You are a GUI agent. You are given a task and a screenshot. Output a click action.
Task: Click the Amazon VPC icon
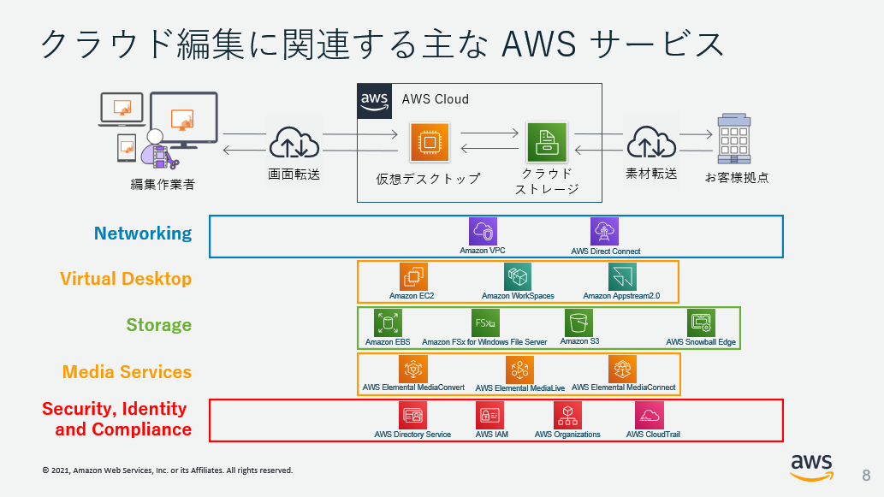point(483,232)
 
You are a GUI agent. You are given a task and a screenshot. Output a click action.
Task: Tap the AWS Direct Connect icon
point(604,232)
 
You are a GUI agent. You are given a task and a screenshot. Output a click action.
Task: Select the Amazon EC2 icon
point(413,276)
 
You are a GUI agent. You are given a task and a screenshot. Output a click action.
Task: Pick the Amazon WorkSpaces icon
point(518,276)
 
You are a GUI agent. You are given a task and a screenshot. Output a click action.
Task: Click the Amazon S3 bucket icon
point(578,322)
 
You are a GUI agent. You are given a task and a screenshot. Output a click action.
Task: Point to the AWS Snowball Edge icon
point(701,322)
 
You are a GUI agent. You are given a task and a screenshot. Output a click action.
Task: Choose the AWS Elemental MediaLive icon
point(519,370)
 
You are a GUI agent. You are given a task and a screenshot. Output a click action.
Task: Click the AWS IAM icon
point(489,415)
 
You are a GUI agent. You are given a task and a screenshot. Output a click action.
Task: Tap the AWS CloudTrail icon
point(650,415)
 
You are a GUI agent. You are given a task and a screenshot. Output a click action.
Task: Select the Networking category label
point(143,234)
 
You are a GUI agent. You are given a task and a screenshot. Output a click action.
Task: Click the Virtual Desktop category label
point(126,279)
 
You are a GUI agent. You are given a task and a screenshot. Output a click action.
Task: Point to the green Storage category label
point(159,325)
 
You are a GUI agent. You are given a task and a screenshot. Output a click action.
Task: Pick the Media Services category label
point(127,372)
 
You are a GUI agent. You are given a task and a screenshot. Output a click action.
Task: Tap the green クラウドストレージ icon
point(543,142)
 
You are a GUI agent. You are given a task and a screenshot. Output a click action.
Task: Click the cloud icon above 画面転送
point(294,142)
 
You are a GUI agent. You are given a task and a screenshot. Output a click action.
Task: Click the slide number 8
point(865,476)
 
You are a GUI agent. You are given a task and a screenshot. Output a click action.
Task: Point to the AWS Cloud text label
point(435,99)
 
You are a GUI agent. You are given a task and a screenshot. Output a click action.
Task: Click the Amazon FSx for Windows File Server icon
point(484,322)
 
